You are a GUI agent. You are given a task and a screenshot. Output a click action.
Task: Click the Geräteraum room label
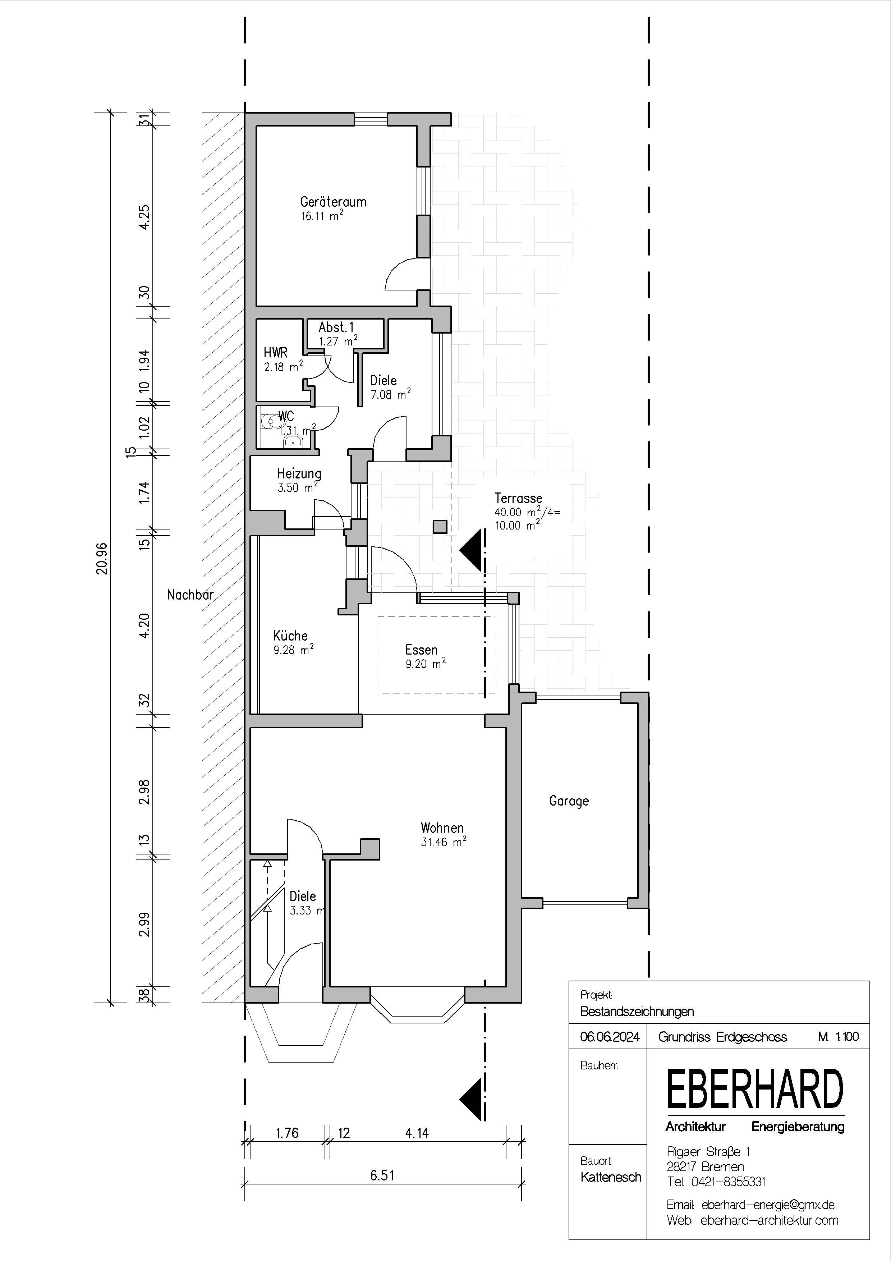(333, 202)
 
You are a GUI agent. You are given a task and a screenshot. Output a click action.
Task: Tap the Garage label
(569, 801)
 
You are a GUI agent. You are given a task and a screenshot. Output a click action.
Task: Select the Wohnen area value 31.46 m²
(444, 842)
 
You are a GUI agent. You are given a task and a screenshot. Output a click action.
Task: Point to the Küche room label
(290, 636)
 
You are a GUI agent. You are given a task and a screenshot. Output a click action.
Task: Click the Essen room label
(422, 650)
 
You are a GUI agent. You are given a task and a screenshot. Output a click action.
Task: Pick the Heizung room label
(299, 473)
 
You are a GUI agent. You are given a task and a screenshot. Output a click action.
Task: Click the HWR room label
(276, 353)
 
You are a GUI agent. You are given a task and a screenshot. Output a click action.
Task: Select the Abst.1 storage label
(336, 327)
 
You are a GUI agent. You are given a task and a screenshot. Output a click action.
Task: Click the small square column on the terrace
(440, 527)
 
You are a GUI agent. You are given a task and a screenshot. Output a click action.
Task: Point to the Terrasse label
(518, 498)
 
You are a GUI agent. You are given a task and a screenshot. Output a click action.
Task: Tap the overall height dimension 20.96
(102, 558)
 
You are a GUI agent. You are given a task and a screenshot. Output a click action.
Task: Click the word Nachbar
(190, 594)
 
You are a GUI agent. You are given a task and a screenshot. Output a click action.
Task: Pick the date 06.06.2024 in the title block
(610, 1037)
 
